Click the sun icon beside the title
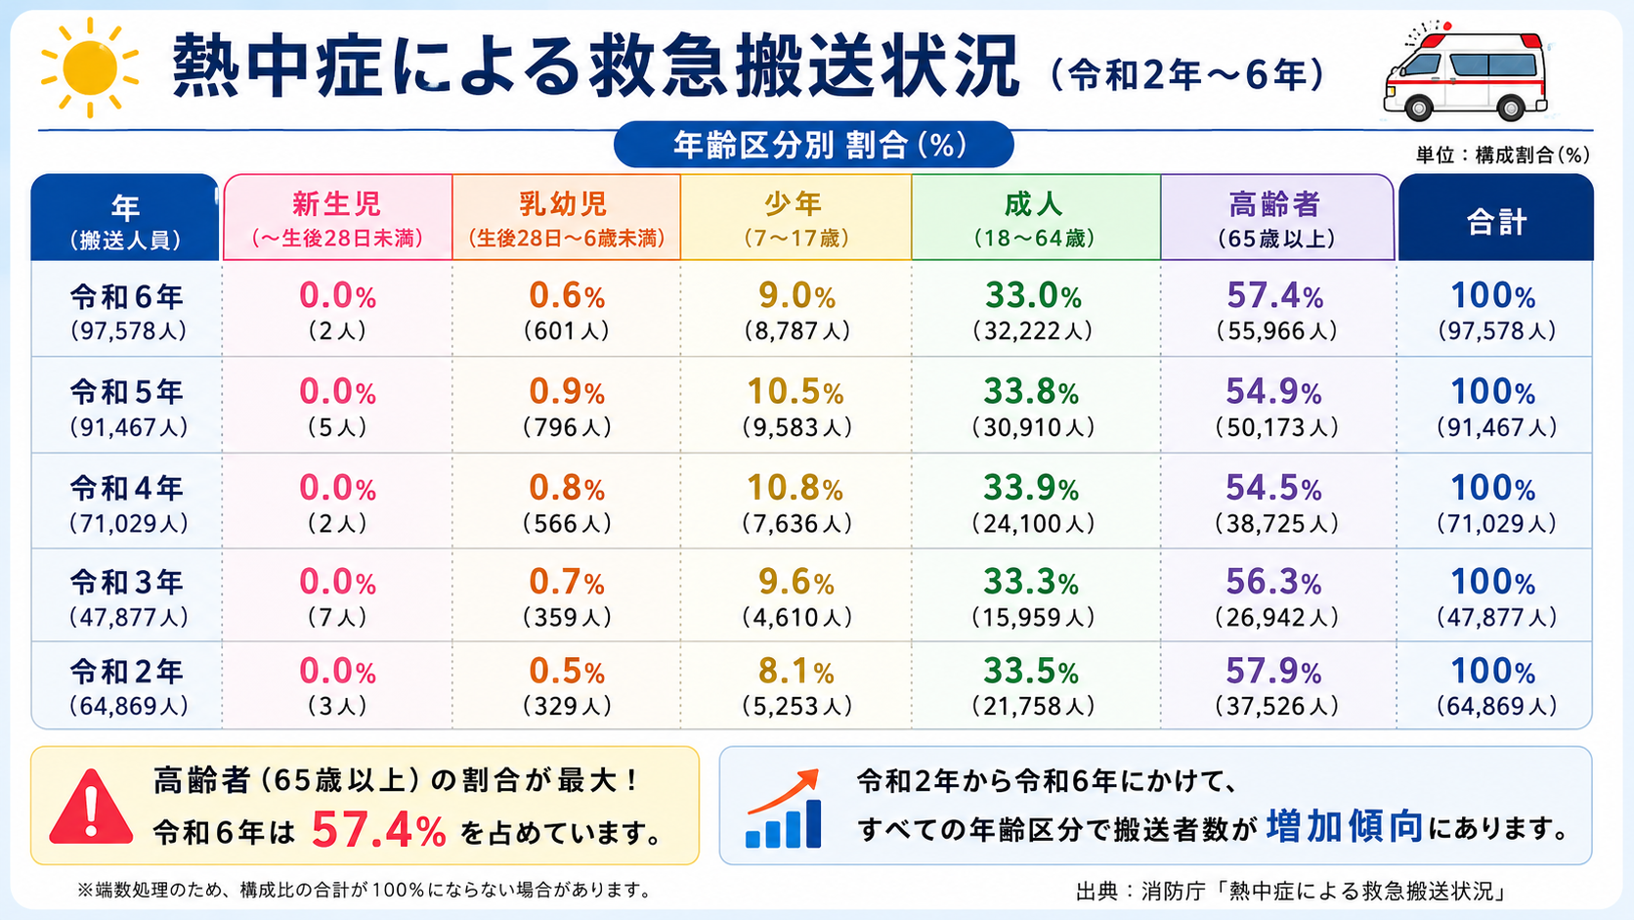click(x=89, y=67)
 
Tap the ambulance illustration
click(x=1466, y=73)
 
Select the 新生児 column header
click(x=337, y=217)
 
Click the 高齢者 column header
click(x=1276, y=217)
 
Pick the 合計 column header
click(x=1495, y=217)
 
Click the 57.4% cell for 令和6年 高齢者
click(x=1275, y=296)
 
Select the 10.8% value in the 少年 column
click(x=795, y=488)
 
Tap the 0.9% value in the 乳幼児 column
click(x=567, y=392)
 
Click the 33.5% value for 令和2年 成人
click(x=1031, y=672)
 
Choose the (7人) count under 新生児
click(x=337, y=618)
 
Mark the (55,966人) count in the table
click(x=1276, y=331)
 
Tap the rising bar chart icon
click(x=784, y=810)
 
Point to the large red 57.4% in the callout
click(x=378, y=831)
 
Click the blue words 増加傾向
click(x=1345, y=826)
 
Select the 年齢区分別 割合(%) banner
click(x=813, y=145)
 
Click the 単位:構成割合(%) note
click(x=1503, y=154)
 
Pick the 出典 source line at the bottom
click(x=1291, y=891)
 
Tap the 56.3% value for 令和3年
click(x=1273, y=582)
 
